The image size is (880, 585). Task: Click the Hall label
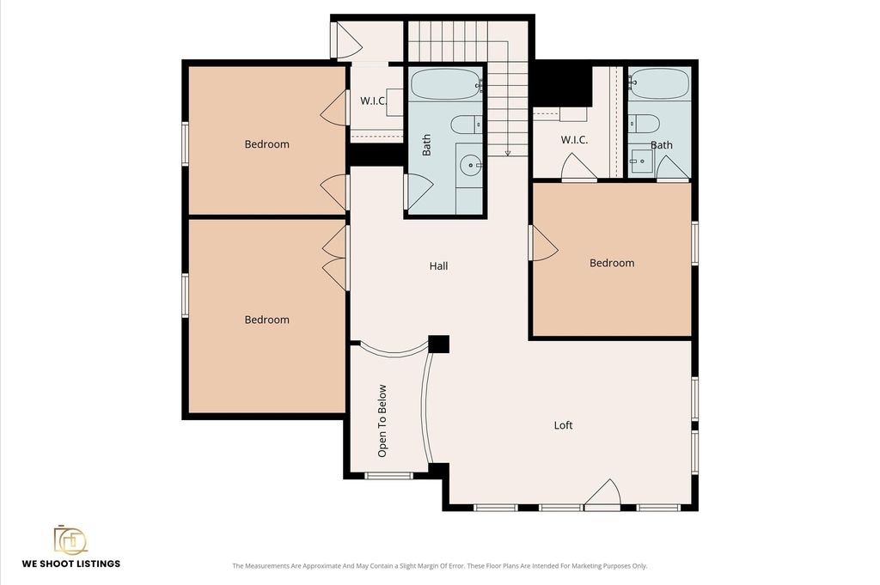[438, 265]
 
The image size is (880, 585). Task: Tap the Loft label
[563, 425]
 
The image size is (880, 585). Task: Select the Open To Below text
[382, 421]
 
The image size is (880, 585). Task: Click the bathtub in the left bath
[446, 84]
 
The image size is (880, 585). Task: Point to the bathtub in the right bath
[659, 83]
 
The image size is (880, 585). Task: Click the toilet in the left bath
[466, 124]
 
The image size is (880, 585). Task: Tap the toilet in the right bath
[644, 123]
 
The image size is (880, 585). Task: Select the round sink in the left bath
[470, 165]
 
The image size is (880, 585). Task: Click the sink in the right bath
[640, 161]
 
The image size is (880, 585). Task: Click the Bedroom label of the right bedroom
[612, 263]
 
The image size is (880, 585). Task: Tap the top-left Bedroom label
[266, 144]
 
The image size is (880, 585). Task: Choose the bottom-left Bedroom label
[266, 320]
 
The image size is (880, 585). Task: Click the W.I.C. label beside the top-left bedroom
[373, 101]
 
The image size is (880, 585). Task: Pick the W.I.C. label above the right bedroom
[574, 140]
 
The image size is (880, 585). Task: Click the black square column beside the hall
[439, 344]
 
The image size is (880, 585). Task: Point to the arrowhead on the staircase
[507, 153]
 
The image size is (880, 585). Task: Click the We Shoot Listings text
[71, 564]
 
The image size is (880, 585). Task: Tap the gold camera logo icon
[70, 539]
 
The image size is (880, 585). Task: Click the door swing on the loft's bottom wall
[602, 494]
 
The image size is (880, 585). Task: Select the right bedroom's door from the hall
[543, 243]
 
